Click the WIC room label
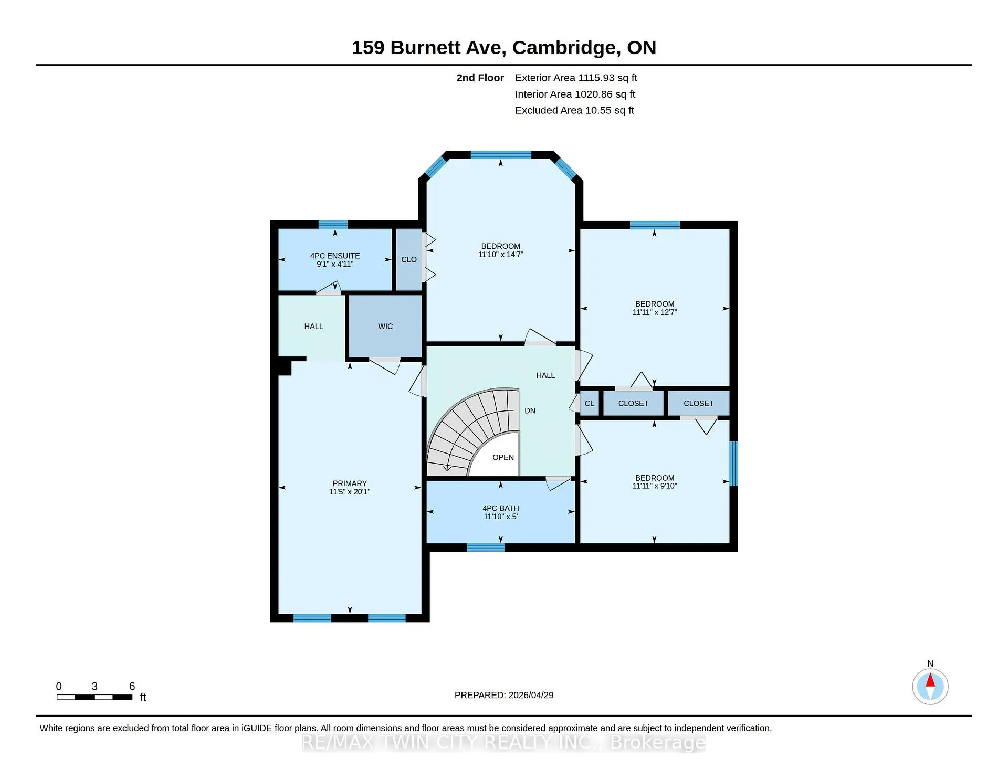(x=385, y=327)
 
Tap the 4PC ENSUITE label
(x=335, y=256)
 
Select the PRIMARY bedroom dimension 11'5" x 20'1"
(x=350, y=492)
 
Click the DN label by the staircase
(x=530, y=410)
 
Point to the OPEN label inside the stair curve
(x=503, y=457)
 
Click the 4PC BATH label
(x=501, y=508)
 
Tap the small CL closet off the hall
(x=590, y=404)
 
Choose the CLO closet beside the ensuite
(x=409, y=259)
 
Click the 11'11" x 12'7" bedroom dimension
(x=655, y=312)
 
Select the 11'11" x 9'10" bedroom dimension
(x=655, y=486)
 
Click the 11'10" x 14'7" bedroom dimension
(x=501, y=255)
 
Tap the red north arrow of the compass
(x=930, y=681)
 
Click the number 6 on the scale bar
(x=132, y=686)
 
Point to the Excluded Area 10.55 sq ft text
(x=574, y=110)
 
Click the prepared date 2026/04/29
(x=531, y=695)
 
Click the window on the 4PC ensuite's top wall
(x=333, y=225)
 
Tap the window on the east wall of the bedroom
(x=734, y=464)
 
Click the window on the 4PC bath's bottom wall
(x=486, y=548)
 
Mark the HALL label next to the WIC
(x=314, y=327)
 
